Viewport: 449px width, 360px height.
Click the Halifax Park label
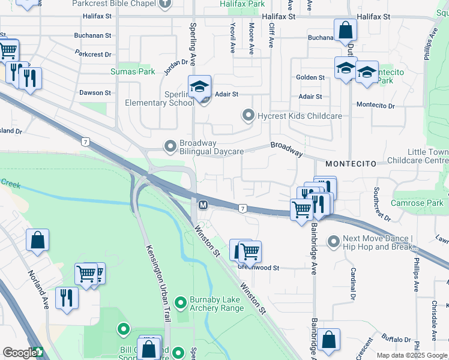pos(242,4)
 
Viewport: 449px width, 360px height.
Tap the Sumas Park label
pos(133,71)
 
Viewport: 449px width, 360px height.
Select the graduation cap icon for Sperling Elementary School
pos(199,86)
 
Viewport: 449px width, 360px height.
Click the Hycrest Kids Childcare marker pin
pos(248,115)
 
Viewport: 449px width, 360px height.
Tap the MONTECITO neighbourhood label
pos(351,163)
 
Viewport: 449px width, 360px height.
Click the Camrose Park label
pos(417,203)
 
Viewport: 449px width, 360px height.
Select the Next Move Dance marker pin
pos(334,241)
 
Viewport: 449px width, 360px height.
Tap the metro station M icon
pos(203,205)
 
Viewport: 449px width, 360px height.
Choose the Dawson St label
pos(95,93)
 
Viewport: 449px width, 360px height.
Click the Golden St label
pos(310,77)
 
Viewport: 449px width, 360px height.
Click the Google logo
pos(19,353)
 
